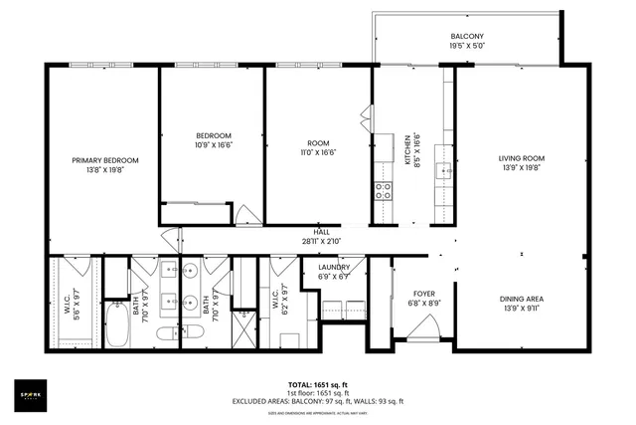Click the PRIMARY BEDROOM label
tap(104, 160)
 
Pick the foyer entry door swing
tap(424, 327)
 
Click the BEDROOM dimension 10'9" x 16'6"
tap(213, 145)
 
